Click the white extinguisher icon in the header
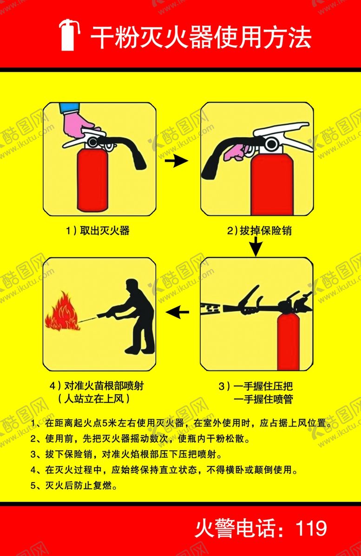pos(68,35)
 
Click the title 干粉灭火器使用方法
pos(200,37)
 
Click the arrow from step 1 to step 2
pos(176,161)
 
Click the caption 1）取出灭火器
pos(98,230)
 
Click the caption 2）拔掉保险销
pos(259,230)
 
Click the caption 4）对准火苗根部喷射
pos(100,386)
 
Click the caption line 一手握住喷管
pos(263,399)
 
